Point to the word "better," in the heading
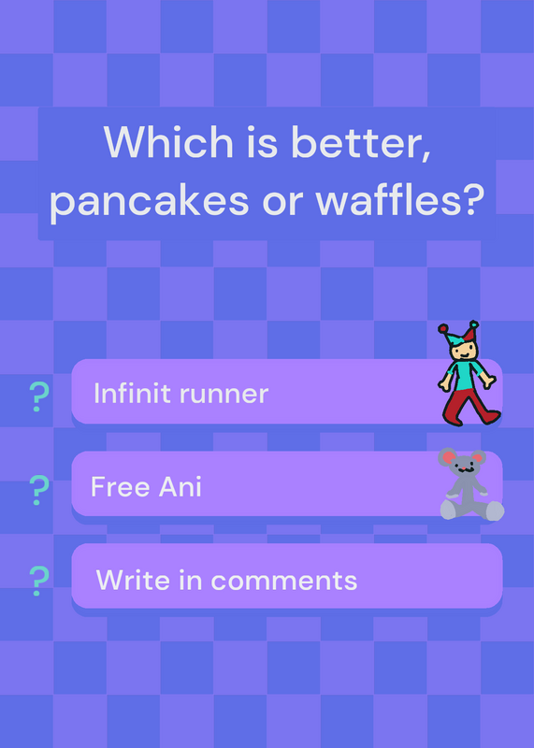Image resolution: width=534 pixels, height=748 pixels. click(x=360, y=144)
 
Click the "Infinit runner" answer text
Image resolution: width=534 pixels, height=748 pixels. click(x=180, y=393)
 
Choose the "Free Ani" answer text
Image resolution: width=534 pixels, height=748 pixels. click(x=146, y=486)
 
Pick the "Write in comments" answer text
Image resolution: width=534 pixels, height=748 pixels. click(x=226, y=580)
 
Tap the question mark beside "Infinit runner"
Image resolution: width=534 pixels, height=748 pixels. click(x=38, y=396)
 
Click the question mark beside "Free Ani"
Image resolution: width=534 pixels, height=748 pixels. click(x=38, y=490)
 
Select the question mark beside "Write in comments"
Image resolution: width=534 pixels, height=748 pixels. click(x=38, y=581)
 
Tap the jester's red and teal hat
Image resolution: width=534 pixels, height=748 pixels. click(x=458, y=333)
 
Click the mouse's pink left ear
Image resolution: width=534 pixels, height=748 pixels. click(x=448, y=457)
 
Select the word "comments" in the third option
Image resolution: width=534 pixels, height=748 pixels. click(x=284, y=581)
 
